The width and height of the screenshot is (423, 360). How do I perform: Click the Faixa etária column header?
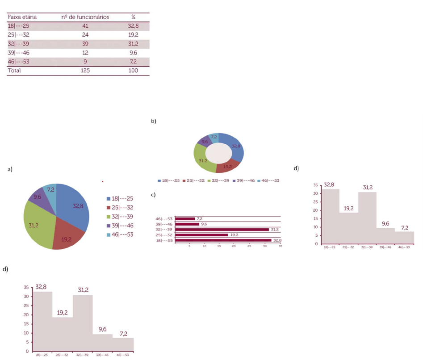pyautogui.click(x=22, y=17)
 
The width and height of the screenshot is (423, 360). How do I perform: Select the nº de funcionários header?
pyautogui.click(x=85, y=17)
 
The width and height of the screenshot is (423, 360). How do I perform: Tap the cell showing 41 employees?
pyautogui.click(x=85, y=26)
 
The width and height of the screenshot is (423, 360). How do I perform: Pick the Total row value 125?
pyautogui.click(x=85, y=71)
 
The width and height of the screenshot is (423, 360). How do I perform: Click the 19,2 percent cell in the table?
pyautogui.click(x=133, y=35)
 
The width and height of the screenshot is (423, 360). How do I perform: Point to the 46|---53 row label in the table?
pyautogui.click(x=19, y=62)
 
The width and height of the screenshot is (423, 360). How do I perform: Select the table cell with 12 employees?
pyautogui.click(x=85, y=53)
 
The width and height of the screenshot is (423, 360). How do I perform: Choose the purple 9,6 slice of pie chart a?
pyautogui.click(x=38, y=197)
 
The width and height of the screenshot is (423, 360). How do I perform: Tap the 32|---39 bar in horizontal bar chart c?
pyautogui.click(x=222, y=230)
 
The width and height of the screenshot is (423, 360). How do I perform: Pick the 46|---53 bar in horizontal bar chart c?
pyautogui.click(x=185, y=218)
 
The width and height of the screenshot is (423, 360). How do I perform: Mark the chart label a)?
pyautogui.click(x=10, y=169)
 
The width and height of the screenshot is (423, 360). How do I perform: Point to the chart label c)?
pyautogui.click(x=153, y=195)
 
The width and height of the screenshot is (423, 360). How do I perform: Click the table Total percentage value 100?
pyautogui.click(x=133, y=71)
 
